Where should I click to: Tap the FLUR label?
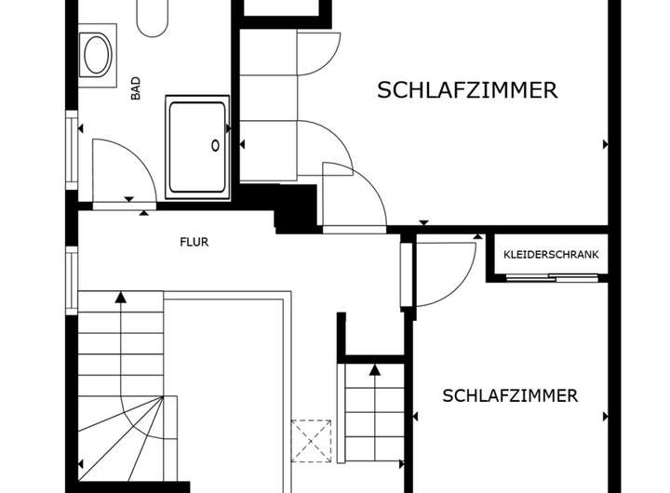(x=194, y=242)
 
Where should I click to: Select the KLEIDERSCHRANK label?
(x=551, y=254)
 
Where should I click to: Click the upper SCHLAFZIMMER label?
(x=467, y=90)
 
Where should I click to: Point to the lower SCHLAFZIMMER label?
(x=510, y=395)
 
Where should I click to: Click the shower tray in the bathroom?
(x=197, y=146)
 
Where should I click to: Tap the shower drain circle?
(x=216, y=145)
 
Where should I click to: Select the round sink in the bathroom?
(x=97, y=55)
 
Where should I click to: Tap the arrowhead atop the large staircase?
(x=120, y=298)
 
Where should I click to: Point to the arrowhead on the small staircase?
(x=375, y=369)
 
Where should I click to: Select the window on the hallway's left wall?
(x=72, y=279)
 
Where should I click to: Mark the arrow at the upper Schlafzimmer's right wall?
(x=606, y=144)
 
